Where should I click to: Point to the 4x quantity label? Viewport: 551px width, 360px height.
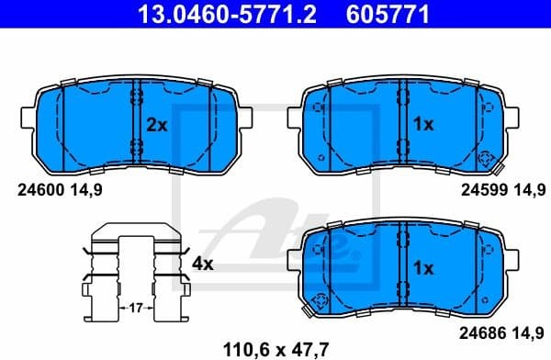(202, 264)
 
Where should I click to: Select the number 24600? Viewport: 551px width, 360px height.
(38, 190)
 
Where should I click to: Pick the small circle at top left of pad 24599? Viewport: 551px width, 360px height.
(319, 107)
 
